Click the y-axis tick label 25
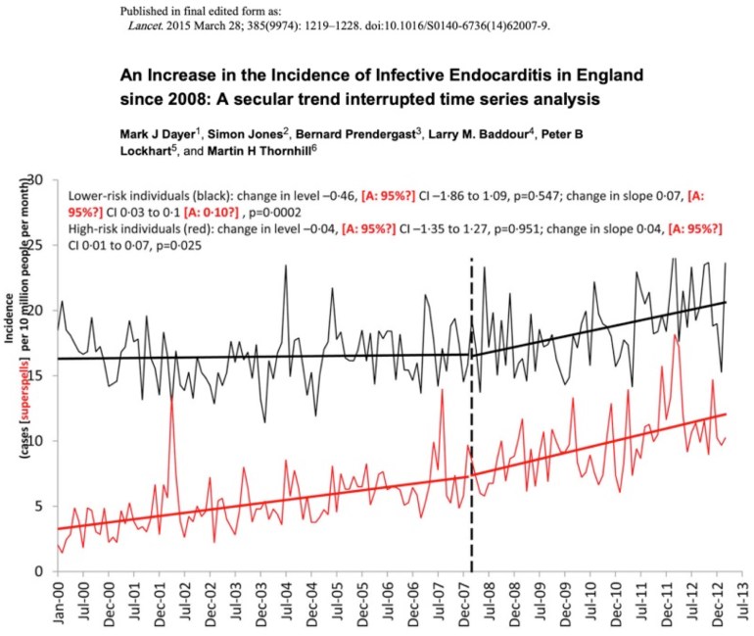pos(36,245)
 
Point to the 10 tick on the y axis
pos(36,441)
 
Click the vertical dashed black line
pos(472,392)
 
